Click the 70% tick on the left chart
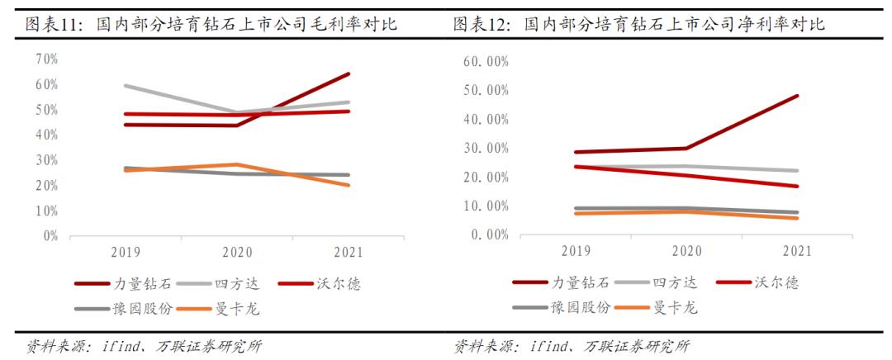point(46,59)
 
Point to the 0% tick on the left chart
point(50,235)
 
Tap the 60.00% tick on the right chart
point(487,62)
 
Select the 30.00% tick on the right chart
point(487,149)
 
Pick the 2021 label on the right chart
point(796,250)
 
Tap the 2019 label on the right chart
point(576,250)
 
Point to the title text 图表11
point(50,25)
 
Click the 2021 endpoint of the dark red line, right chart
point(796,96)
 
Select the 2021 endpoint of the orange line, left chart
point(349,185)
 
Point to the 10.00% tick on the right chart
point(487,206)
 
